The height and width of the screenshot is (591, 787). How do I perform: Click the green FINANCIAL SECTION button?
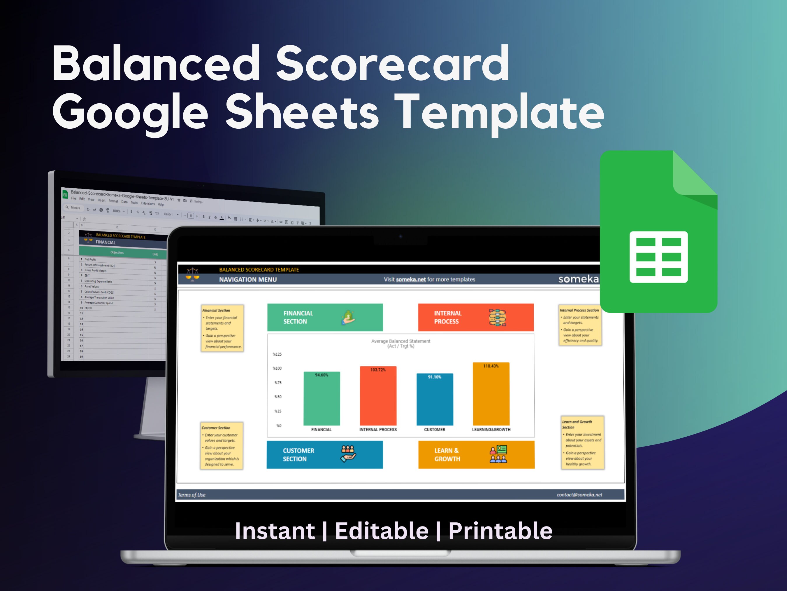[x=324, y=317]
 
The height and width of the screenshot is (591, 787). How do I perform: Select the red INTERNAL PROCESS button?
[x=475, y=317]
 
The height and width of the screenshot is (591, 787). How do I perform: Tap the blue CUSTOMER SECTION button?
[x=324, y=455]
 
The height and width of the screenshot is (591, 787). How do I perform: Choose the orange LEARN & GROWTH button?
[x=476, y=455]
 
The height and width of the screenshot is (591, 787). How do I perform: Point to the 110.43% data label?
[x=491, y=366]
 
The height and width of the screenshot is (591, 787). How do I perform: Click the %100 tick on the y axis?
[x=277, y=368]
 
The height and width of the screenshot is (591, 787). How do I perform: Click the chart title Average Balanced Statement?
[x=400, y=341]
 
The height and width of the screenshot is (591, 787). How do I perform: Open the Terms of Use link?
[x=192, y=495]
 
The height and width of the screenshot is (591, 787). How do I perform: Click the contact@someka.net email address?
[x=579, y=495]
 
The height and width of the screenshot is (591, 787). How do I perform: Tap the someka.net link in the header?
[x=411, y=280]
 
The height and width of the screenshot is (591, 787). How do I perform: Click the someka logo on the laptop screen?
[x=578, y=279]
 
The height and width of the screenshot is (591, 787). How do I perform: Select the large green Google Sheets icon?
[x=658, y=231]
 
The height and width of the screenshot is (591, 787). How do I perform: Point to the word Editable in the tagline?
[x=381, y=531]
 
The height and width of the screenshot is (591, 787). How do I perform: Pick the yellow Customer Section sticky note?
[x=221, y=446]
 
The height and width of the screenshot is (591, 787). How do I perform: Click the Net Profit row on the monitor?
[x=90, y=259]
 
